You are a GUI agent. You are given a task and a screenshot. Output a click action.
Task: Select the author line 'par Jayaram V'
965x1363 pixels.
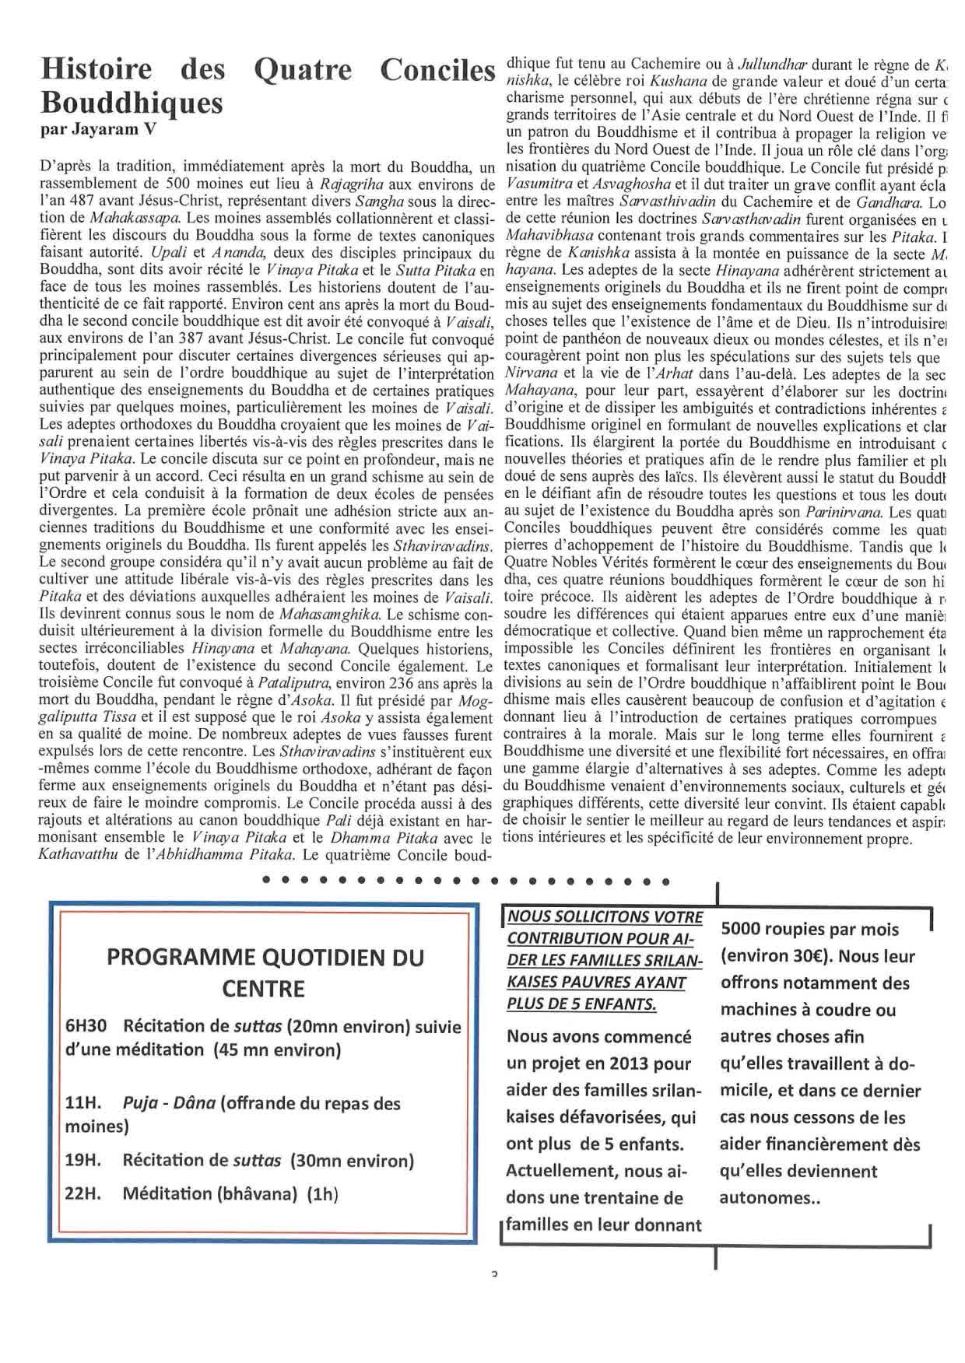(97, 129)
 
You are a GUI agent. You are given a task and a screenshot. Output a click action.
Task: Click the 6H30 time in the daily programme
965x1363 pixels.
(85, 1026)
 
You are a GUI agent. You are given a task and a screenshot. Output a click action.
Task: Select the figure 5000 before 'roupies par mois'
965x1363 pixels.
(745, 929)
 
